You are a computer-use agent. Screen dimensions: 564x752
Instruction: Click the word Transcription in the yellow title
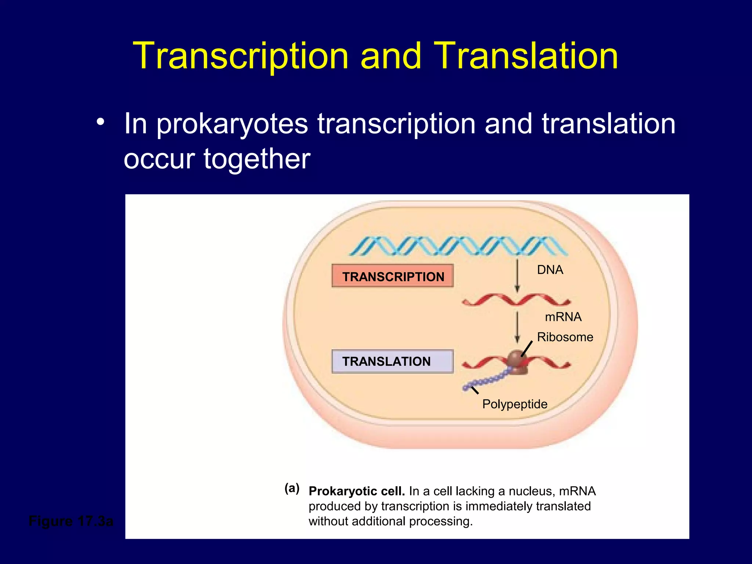pos(241,56)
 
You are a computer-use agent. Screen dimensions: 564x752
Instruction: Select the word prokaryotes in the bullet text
pos(232,124)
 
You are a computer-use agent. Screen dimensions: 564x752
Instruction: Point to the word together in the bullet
pos(257,159)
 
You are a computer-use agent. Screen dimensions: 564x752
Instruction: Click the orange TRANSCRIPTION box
pos(393,276)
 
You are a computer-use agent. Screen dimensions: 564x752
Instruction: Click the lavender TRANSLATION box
pos(393,362)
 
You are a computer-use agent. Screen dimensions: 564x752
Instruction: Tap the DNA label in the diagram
pos(550,270)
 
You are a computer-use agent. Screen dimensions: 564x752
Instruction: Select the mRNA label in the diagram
pos(563,317)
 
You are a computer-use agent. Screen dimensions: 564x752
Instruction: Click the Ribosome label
pos(565,337)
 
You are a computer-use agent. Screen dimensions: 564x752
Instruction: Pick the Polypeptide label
pos(514,404)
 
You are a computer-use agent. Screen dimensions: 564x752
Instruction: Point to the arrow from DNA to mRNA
pos(517,275)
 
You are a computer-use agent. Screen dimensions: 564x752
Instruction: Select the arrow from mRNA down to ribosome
pos(517,327)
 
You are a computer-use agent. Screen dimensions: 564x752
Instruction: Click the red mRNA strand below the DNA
pos(516,300)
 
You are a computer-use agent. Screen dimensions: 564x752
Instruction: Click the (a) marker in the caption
pos(292,488)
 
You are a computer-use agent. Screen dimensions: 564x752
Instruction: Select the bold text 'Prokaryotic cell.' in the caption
pos(357,491)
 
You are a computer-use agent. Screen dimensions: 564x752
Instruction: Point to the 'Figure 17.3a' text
pos(71,521)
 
